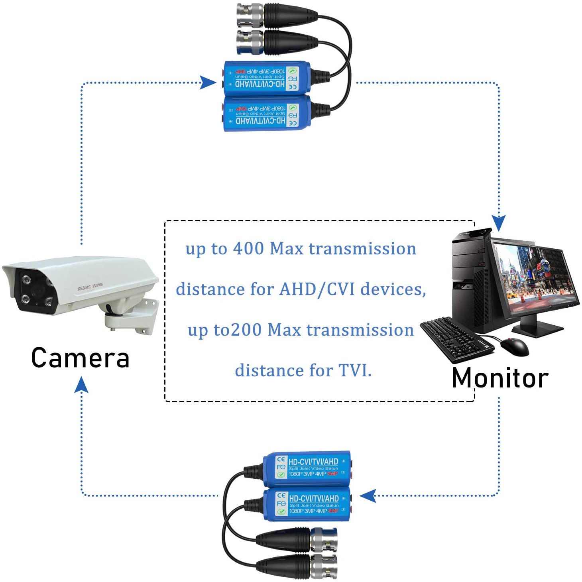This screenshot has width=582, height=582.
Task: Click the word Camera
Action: click(x=81, y=358)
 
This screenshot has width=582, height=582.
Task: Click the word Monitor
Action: click(x=500, y=378)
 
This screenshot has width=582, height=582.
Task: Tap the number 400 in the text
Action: click(x=248, y=248)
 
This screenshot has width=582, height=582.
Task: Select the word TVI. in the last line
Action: click(x=355, y=370)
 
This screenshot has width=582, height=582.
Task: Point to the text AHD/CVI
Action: click(x=317, y=289)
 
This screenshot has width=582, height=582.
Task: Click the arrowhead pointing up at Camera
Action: click(x=81, y=385)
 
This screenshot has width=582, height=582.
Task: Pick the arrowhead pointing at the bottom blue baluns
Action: click(x=368, y=495)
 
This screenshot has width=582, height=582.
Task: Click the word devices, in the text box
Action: click(x=393, y=289)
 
